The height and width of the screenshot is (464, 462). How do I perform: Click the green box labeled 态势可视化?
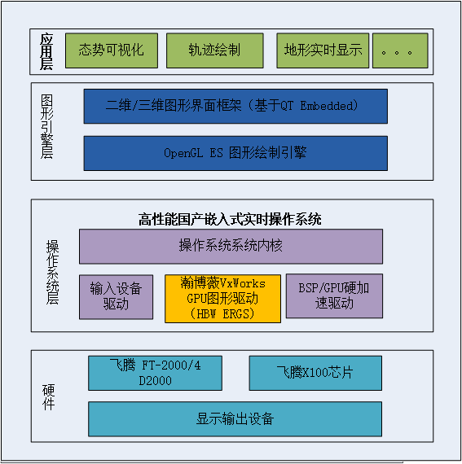click(x=112, y=50)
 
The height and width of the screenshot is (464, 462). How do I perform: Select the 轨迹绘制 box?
click(x=215, y=50)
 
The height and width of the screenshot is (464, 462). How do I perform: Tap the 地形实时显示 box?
click(x=323, y=50)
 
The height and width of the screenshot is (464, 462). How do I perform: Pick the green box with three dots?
click(x=400, y=50)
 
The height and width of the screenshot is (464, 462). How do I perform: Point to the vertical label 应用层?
click(x=46, y=52)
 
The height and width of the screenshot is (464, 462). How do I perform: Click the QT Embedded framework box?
click(x=235, y=107)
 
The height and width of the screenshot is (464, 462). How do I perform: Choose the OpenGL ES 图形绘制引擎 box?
click(x=235, y=153)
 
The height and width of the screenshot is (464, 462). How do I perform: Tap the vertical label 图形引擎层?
click(x=46, y=127)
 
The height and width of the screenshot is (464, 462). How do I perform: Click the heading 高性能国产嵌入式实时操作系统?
click(x=230, y=219)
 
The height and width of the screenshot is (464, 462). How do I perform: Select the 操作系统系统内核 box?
click(x=231, y=246)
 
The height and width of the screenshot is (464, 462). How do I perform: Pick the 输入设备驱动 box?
click(x=116, y=297)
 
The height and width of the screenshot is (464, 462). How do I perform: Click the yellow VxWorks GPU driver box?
click(x=222, y=299)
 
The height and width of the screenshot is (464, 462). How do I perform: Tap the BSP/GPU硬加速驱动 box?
click(x=334, y=296)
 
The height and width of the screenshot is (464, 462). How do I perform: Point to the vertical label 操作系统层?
click(x=52, y=272)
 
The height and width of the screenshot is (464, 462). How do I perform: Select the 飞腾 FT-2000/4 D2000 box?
click(x=155, y=373)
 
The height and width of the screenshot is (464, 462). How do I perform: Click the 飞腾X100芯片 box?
click(x=315, y=373)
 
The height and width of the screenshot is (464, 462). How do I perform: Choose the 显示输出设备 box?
click(x=235, y=419)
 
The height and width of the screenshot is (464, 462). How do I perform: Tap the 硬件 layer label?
click(x=49, y=397)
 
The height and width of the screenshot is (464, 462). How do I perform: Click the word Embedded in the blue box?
click(x=327, y=106)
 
